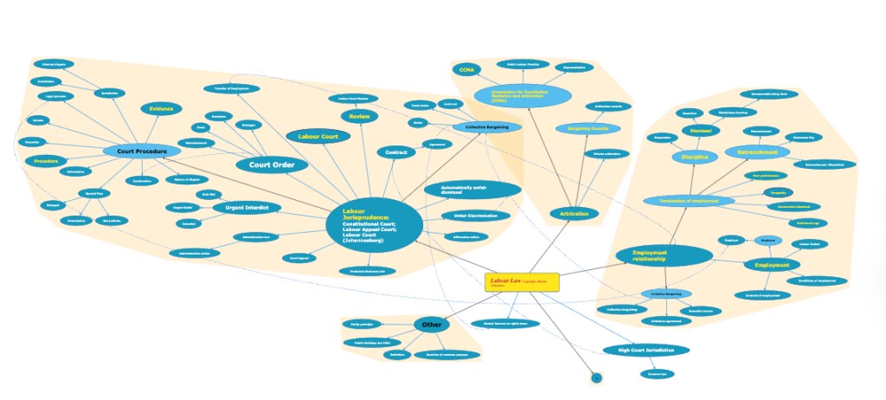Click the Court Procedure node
point(141,151)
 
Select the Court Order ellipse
point(272,165)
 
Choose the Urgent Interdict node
point(247,208)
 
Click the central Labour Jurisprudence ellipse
point(374,224)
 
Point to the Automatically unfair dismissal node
point(472,190)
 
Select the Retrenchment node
point(757,152)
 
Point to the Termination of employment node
point(689,201)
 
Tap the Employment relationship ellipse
point(664,255)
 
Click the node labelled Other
point(431,325)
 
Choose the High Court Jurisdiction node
point(645,351)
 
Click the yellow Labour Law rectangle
point(522,282)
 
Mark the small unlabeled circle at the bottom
point(595,378)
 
